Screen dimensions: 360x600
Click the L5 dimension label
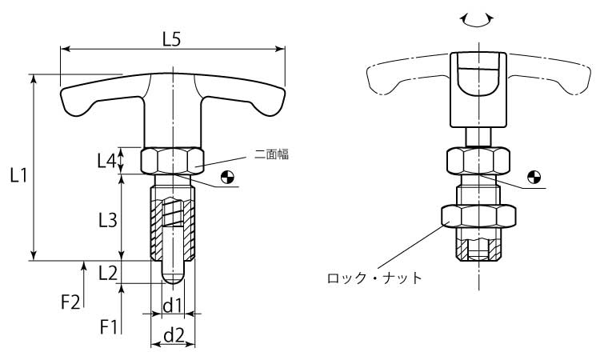(171, 38)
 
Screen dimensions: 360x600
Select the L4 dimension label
(107, 161)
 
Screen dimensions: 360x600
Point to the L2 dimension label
(107, 272)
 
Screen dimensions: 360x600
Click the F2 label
(71, 302)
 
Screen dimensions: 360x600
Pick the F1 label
(108, 326)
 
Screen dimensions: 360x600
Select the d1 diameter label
(174, 305)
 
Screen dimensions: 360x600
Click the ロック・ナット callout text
(374, 278)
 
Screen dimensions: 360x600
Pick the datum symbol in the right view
(534, 177)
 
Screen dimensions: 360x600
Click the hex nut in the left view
(172, 161)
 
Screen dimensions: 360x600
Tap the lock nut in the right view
(478, 216)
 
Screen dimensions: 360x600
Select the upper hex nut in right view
(477, 162)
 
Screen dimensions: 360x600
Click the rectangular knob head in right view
(477, 89)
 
